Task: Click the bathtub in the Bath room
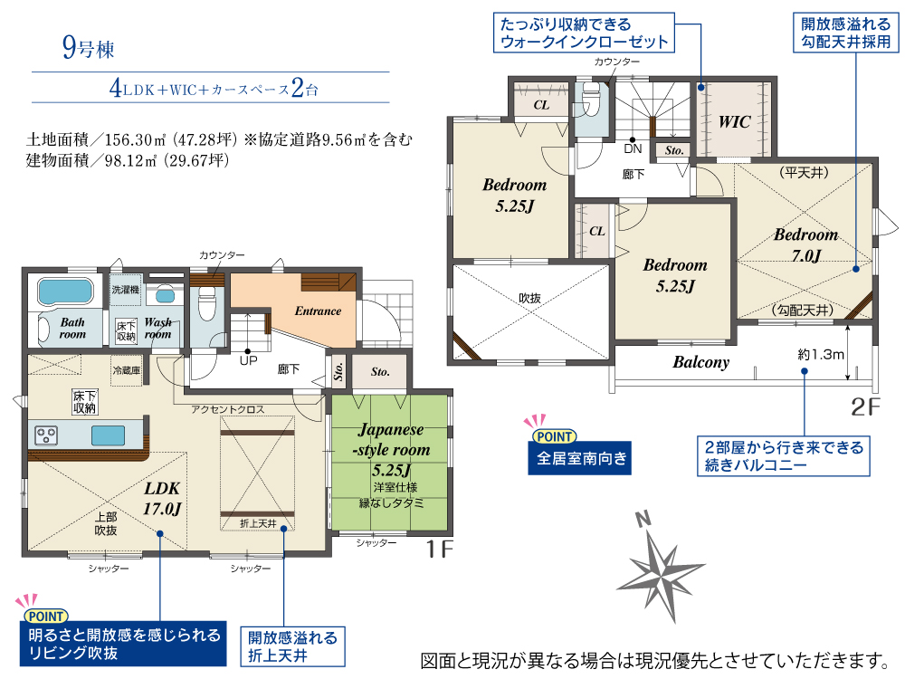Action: (65, 292)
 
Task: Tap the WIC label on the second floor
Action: (734, 122)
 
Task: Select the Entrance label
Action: (318, 311)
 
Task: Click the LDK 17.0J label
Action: (162, 498)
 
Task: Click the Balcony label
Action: (700, 362)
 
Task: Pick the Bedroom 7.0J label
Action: (805, 244)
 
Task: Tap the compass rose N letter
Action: (643, 519)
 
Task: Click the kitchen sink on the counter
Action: (108, 435)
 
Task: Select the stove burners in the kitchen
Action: (46, 435)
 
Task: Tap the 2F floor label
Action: (865, 407)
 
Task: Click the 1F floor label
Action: (439, 550)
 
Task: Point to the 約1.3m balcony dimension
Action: (820, 355)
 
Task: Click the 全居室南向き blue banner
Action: (579, 458)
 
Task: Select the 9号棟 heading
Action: (89, 48)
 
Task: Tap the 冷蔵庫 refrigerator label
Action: (127, 370)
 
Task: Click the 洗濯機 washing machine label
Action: (125, 290)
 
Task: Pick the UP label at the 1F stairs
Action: (248, 361)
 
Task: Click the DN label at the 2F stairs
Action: (633, 149)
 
